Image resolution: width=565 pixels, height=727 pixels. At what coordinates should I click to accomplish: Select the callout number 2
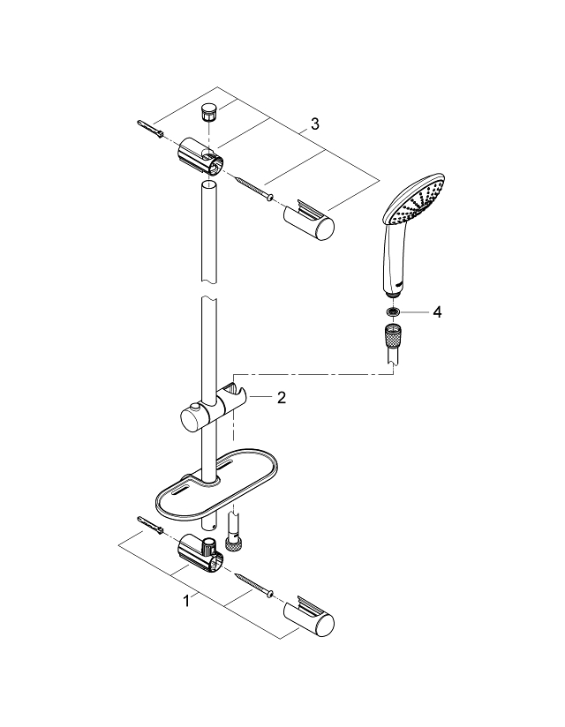click(281, 398)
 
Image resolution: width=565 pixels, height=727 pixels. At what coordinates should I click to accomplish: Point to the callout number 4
click(436, 311)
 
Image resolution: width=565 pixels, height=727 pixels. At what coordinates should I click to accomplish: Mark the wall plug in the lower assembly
click(149, 528)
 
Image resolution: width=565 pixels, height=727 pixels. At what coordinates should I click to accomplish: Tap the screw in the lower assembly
click(257, 583)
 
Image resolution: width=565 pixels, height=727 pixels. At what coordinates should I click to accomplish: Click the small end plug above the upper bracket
click(210, 113)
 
